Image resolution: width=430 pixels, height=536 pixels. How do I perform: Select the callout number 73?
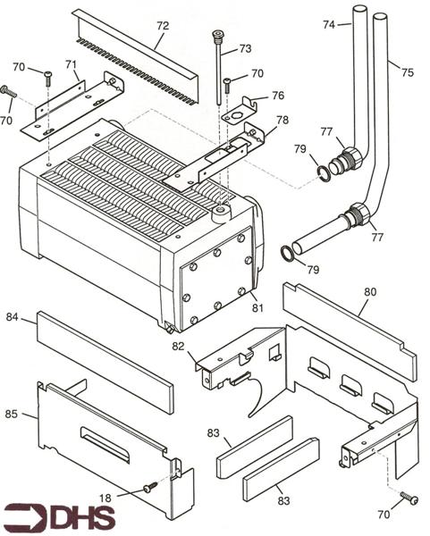point(245,49)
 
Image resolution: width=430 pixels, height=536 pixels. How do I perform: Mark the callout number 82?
point(179,345)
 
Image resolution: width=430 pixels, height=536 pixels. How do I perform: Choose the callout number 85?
point(12,414)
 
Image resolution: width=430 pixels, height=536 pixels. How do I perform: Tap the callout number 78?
point(282,120)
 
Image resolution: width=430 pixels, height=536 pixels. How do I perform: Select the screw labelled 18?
point(149,487)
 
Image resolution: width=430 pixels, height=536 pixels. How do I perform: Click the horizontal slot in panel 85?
point(105,444)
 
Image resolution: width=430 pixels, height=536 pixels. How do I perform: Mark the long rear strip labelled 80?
point(349,331)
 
